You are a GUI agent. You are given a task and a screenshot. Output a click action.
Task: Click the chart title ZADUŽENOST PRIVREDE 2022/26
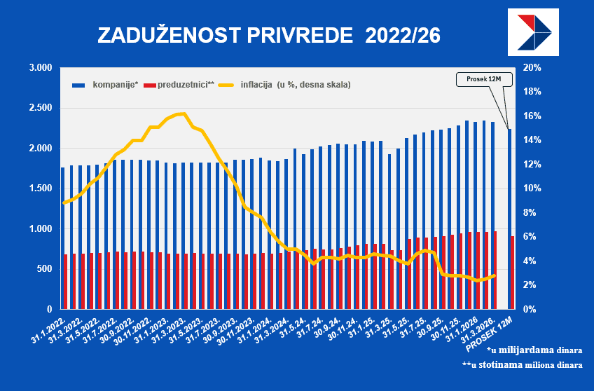268,36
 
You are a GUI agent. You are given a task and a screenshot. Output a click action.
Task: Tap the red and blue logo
533,34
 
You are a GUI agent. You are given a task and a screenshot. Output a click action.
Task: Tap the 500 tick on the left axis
44,269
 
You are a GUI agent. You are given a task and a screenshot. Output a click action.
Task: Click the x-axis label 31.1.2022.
48,328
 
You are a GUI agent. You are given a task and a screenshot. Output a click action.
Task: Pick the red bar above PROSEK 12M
513,273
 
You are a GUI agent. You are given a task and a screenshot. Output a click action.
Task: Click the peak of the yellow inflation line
182,114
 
